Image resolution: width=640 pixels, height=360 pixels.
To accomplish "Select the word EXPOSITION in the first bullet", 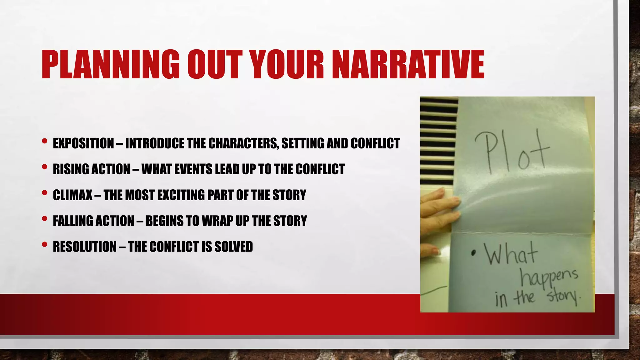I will pos(83,143).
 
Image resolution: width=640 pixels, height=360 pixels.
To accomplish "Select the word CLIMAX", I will pos(72,195).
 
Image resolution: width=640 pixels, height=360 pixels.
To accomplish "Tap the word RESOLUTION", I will pos(84,247).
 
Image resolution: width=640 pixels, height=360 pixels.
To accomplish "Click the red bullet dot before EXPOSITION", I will pos(45,142).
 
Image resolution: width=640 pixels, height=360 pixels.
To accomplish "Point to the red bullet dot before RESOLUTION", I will pos(45,244).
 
